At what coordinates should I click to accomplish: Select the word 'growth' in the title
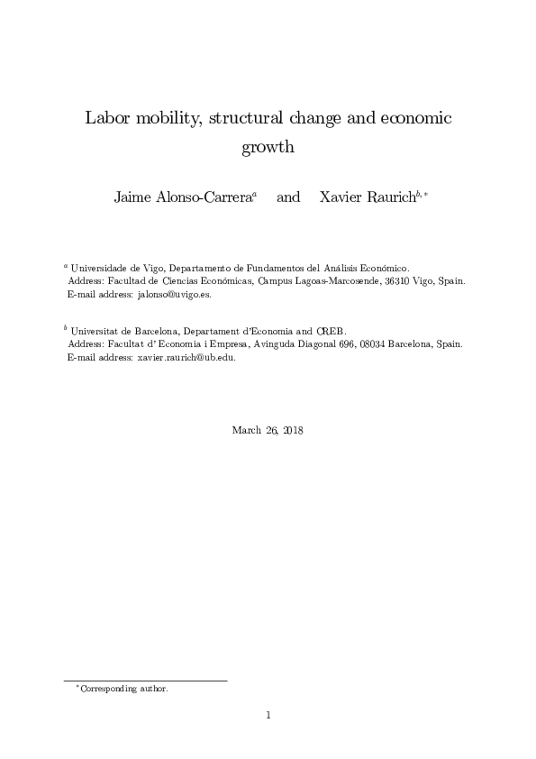click(x=268, y=147)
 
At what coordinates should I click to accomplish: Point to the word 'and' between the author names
click(x=288, y=197)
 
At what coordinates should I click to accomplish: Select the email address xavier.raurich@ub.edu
click(x=186, y=357)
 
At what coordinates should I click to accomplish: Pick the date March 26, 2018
click(x=268, y=430)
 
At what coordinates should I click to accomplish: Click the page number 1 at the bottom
click(x=268, y=716)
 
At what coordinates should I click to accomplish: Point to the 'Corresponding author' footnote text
click(x=124, y=689)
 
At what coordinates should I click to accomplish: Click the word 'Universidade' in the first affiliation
click(x=100, y=268)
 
